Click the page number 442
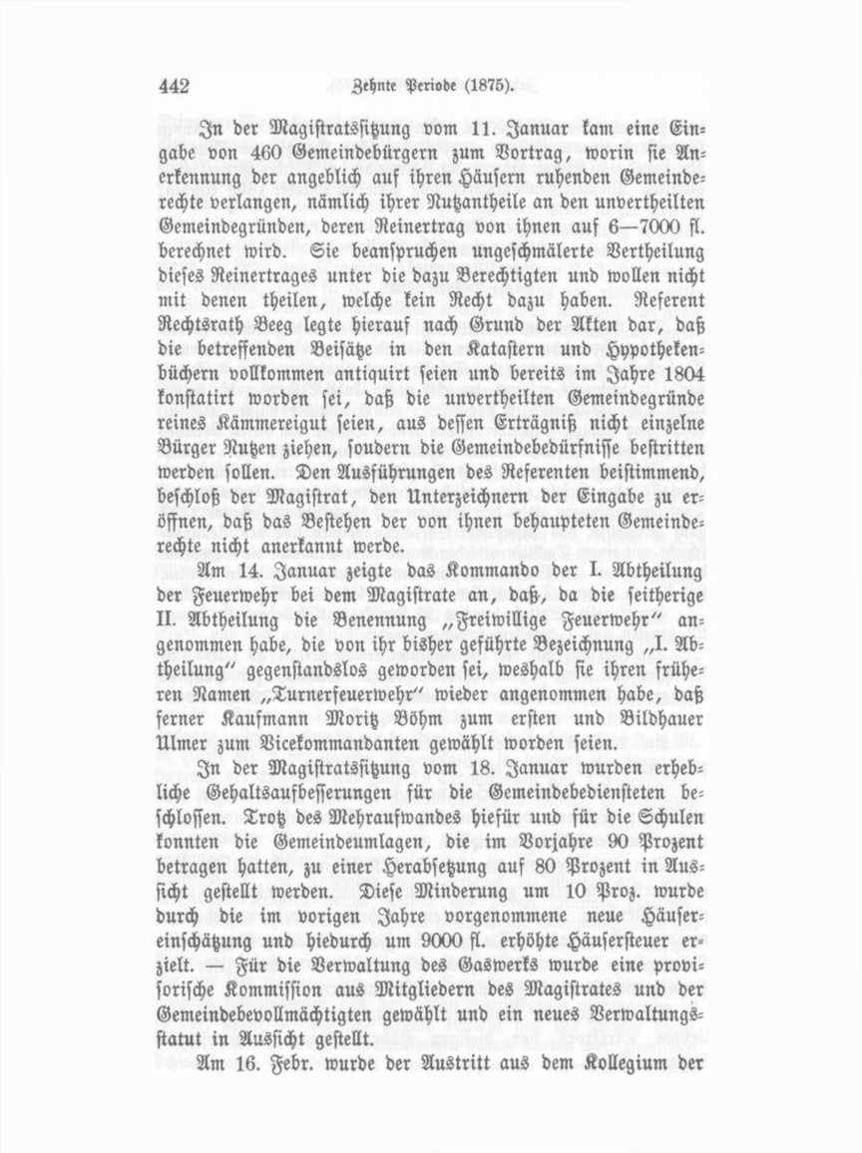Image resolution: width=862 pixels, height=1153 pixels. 174,87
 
